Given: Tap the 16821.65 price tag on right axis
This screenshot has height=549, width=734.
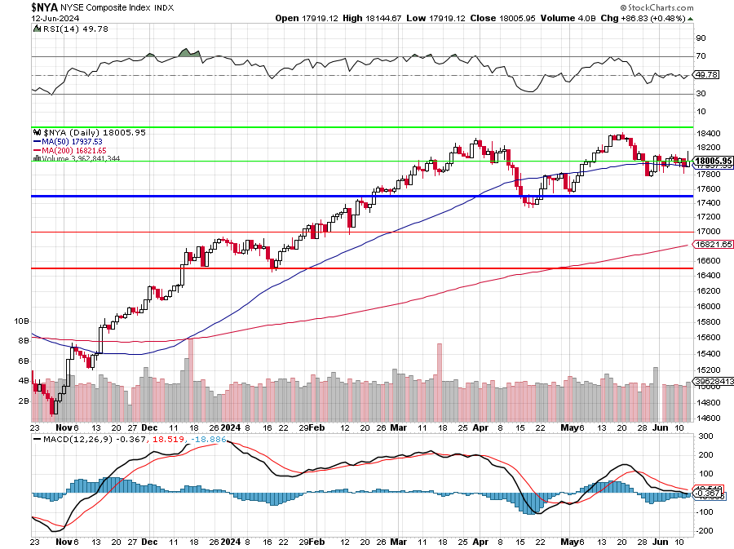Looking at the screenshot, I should click(711, 244).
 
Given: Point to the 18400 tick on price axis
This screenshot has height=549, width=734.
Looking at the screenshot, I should click(706, 134).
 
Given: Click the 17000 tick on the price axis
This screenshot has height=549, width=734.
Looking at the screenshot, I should click(706, 232).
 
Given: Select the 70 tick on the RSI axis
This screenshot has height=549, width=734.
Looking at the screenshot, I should click(701, 56).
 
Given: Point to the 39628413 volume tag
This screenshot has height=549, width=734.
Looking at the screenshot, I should click(711, 380).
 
